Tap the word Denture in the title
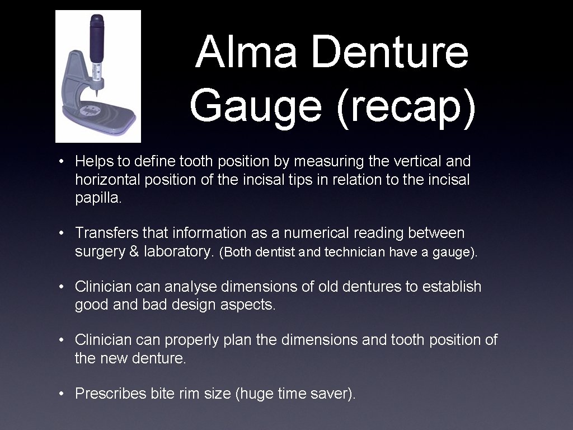[x=389, y=52]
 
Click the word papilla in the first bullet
[x=98, y=198]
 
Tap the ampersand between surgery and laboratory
[x=134, y=251]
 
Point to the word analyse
[x=190, y=286]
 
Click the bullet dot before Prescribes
[x=63, y=394]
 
